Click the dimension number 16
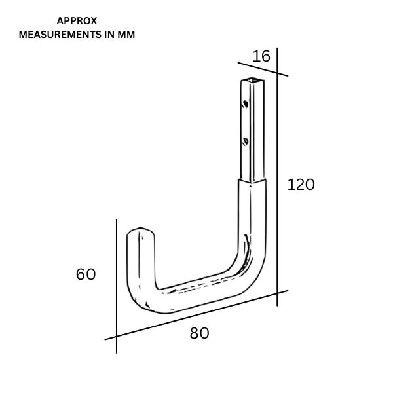click(x=261, y=56)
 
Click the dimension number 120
click(x=301, y=185)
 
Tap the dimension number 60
click(x=86, y=274)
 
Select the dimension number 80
click(x=199, y=333)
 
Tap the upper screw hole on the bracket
click(x=244, y=103)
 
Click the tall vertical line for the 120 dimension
click(x=277, y=177)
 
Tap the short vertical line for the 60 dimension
click(x=117, y=282)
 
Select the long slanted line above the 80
click(x=196, y=315)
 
